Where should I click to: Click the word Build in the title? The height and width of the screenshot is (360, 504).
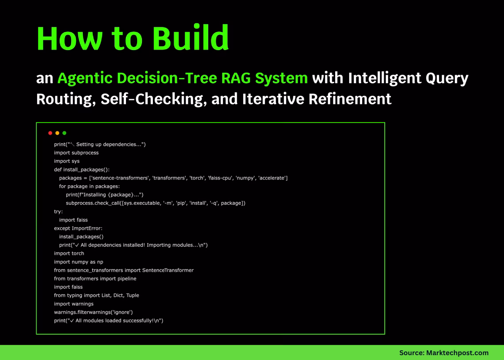(190, 38)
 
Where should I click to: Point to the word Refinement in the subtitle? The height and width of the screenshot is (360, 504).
(349, 99)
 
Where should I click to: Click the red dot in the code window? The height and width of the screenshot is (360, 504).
(50, 133)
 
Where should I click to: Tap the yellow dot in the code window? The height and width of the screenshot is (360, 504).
(57, 133)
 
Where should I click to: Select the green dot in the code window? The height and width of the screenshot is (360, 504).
(64, 133)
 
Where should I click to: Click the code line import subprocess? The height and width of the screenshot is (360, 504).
(76, 153)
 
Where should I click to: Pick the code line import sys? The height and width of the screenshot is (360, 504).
(66, 161)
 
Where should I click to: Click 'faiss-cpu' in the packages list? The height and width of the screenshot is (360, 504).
(220, 178)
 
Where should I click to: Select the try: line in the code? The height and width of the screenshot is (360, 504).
(58, 211)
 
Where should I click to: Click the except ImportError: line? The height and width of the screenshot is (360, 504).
(78, 228)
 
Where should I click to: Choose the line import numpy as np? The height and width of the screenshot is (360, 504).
(78, 262)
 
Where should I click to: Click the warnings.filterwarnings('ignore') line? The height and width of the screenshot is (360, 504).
(93, 312)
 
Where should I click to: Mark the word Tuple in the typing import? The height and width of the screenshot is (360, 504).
(133, 295)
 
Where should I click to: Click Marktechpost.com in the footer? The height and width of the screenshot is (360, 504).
(457, 353)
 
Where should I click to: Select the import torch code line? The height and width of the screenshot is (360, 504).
(69, 253)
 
